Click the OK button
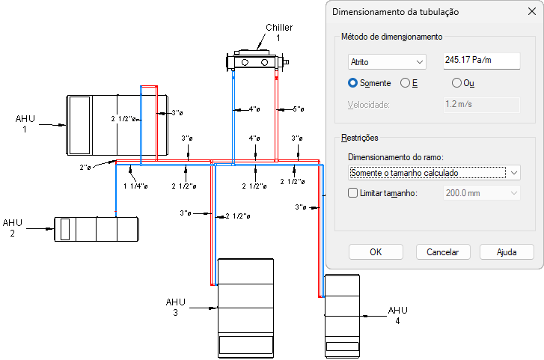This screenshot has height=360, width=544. (x=376, y=252)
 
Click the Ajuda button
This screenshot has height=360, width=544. (x=507, y=252)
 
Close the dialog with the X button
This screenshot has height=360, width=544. (x=528, y=12)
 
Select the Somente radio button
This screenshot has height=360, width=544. (x=353, y=82)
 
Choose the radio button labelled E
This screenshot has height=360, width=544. (x=406, y=82)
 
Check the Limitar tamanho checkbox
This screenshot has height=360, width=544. (x=354, y=193)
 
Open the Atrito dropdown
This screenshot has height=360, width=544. (x=386, y=61)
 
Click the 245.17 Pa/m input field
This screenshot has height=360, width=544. (x=481, y=60)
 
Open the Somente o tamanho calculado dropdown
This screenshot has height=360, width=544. (x=434, y=172)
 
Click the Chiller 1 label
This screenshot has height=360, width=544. (x=278, y=32)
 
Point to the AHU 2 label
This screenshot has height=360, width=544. (x=13, y=228)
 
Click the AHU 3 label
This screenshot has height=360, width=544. (x=175, y=307)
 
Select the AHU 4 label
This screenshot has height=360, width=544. (x=397, y=315)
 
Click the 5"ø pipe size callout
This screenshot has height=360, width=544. (x=298, y=109)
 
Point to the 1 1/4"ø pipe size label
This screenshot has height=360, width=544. (x=136, y=186)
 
